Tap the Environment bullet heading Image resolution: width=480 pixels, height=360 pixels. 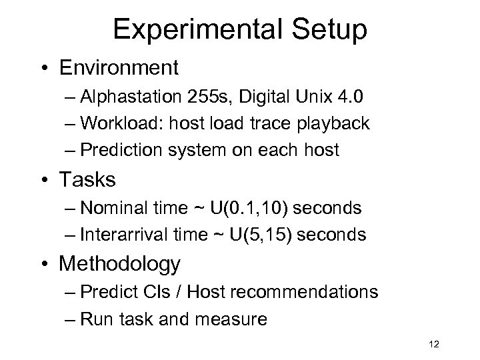pos(119,67)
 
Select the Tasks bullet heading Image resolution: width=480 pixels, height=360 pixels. pos(87,179)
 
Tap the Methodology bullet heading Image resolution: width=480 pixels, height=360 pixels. pos(120,264)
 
